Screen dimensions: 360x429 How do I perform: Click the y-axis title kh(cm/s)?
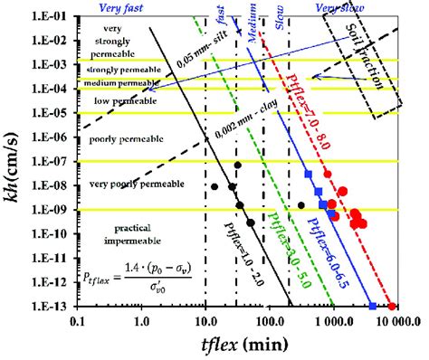point(13,159)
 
